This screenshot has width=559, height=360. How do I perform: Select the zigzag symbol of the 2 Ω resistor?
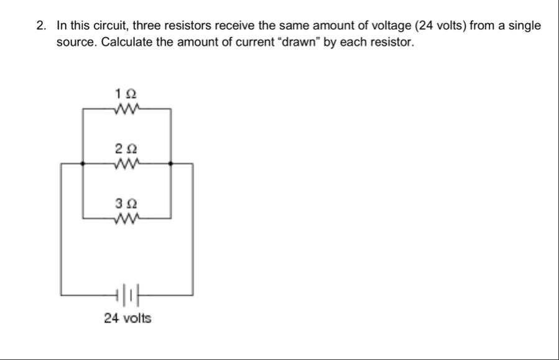click(x=127, y=164)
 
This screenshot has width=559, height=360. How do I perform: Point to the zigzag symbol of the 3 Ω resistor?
click(x=127, y=219)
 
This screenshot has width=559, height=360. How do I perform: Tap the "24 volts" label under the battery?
click(x=127, y=318)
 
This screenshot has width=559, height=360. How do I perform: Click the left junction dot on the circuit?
click(x=83, y=164)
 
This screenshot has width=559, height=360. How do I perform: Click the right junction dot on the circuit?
click(x=171, y=164)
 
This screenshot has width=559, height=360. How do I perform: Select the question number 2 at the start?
click(x=41, y=26)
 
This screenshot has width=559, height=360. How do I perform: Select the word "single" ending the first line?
click(x=524, y=26)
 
